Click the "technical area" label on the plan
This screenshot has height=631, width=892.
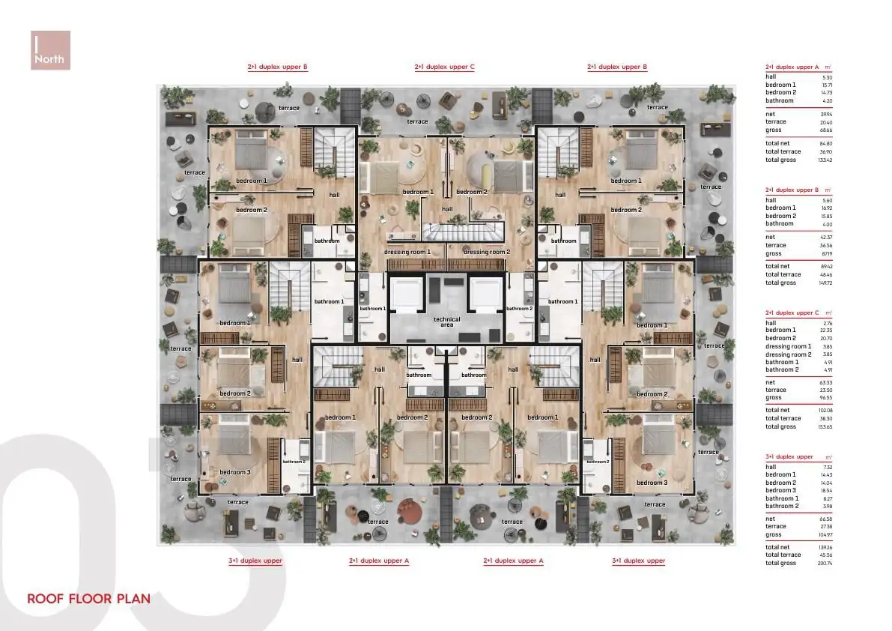[447, 322]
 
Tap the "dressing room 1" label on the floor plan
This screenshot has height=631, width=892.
[407, 252]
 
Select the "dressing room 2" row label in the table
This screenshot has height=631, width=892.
[788, 354]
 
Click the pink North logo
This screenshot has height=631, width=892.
[51, 50]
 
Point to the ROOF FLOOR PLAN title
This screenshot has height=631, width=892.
[88, 599]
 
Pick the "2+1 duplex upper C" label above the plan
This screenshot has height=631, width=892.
[444, 67]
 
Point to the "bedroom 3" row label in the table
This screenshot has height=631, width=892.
[780, 490]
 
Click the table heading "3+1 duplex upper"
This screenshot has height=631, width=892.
[789, 456]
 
